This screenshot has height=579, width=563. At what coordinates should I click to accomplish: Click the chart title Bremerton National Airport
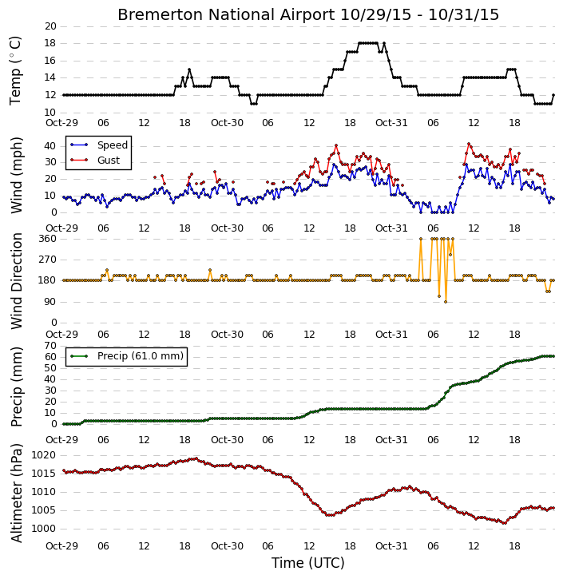pyautogui.click(x=226, y=15)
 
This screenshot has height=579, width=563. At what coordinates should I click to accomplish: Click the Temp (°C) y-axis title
pyautogui.click(x=15, y=70)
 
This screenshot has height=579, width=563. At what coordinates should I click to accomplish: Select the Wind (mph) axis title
pyautogui.click(x=16, y=175)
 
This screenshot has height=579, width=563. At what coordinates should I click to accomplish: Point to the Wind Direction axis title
pyautogui.click(x=16, y=281)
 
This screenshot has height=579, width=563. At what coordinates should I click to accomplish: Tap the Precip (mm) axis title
pyautogui.click(x=16, y=387)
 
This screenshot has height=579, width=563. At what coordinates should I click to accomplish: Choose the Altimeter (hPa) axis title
pyautogui.click(x=16, y=494)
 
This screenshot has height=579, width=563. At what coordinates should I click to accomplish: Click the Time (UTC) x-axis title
pyautogui.click(x=308, y=563)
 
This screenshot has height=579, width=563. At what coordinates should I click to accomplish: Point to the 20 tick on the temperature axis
pyautogui.click(x=50, y=26)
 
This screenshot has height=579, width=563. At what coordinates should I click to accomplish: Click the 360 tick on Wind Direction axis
pyautogui.click(x=48, y=239)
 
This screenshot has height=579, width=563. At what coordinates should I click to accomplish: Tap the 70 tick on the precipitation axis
pyautogui.click(x=50, y=346)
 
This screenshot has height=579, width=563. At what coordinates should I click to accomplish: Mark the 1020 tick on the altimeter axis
pyautogui.click(x=44, y=455)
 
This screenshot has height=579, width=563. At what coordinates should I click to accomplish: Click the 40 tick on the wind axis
pyautogui.click(x=50, y=146)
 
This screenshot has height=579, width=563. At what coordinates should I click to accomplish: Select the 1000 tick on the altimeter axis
pyautogui.click(x=44, y=529)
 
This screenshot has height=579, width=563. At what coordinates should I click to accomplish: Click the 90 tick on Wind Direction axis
pyautogui.click(x=50, y=302)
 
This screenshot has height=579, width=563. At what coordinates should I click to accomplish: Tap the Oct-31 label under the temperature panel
pyautogui.click(x=391, y=123)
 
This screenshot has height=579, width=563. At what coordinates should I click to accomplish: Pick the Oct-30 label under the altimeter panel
pyautogui.click(x=227, y=545)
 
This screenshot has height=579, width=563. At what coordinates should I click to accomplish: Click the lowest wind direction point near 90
pyautogui.click(x=446, y=302)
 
